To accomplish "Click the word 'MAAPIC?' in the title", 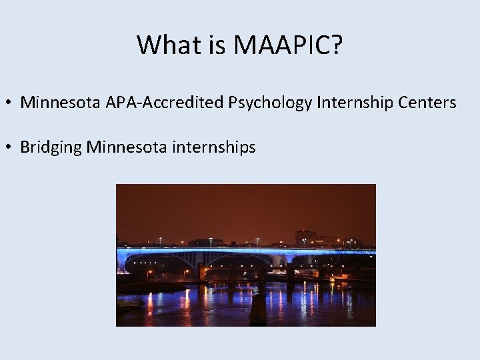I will [x=288, y=45].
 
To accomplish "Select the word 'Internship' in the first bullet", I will [x=357, y=103].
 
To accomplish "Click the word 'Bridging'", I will [x=51, y=147].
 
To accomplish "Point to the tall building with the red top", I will [x=305, y=237].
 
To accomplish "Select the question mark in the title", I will [x=337, y=45].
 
